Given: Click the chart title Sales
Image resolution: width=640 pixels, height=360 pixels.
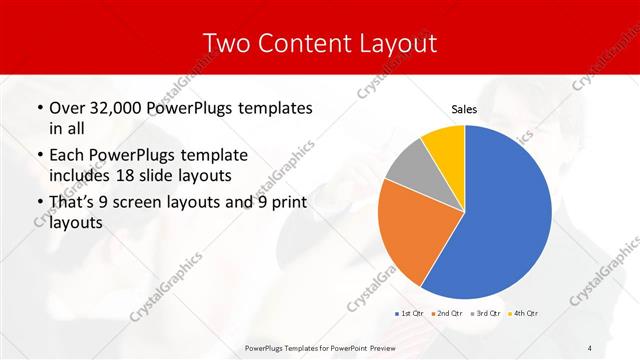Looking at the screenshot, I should pyautogui.click(x=464, y=109).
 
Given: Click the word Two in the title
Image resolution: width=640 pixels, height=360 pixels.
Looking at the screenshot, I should pyautogui.click(x=228, y=43).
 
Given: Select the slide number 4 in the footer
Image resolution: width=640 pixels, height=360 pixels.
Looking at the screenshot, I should pyautogui.click(x=589, y=347).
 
